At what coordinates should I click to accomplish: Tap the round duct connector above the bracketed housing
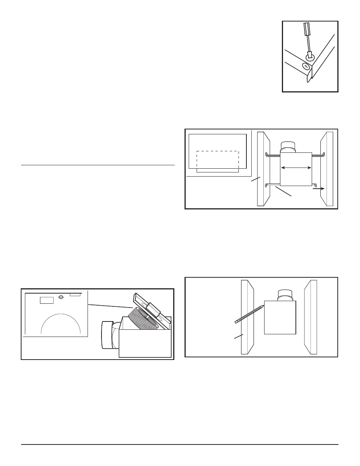click(289, 147)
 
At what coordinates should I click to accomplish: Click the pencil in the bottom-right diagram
click(249, 314)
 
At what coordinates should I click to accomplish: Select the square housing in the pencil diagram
click(280, 317)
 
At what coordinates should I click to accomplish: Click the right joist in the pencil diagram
click(311, 317)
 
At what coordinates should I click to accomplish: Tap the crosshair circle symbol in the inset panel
click(61, 297)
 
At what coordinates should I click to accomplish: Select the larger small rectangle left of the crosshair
click(47, 300)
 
